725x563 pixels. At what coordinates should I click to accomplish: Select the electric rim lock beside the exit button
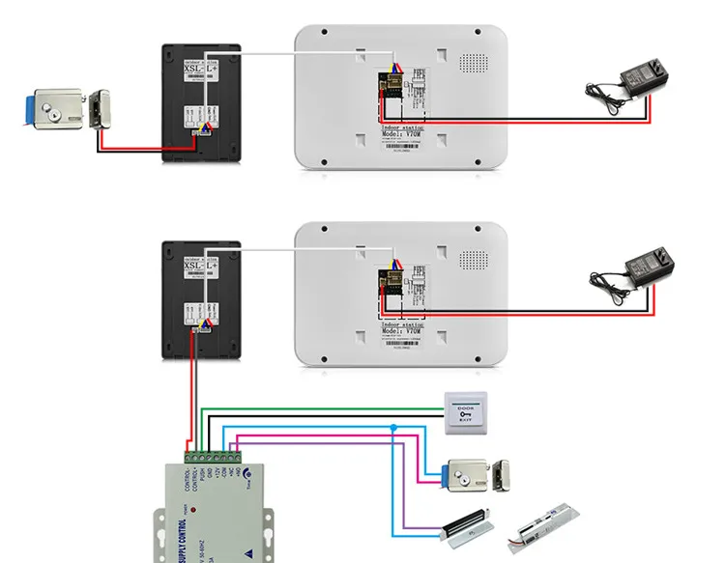coord(479,474)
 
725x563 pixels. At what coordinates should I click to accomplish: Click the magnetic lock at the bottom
coord(465,527)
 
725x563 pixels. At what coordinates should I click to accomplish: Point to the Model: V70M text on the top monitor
coord(402,136)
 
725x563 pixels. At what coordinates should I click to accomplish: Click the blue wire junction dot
coord(393,426)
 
